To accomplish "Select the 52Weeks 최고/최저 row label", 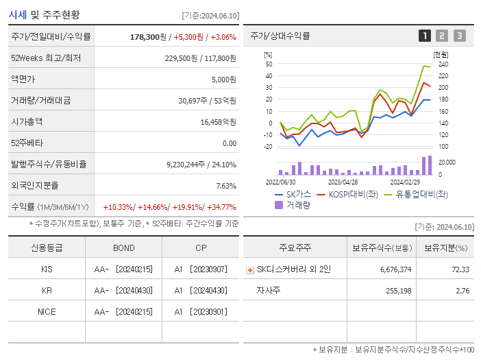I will click(46, 58).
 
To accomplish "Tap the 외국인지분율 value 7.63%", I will click(225, 186).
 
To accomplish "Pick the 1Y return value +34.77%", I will click(221, 207).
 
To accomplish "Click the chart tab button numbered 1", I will click(425, 36).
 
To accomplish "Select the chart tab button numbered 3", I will click(459, 36).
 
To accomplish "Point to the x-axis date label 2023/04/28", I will click(343, 182).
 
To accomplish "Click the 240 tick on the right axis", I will click(443, 64).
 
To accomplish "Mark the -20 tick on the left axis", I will click(268, 146).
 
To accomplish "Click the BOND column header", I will click(123, 248).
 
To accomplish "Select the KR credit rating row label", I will click(47, 291).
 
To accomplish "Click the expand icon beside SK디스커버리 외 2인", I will click(249, 270).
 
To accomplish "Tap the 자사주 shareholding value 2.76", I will click(462, 291).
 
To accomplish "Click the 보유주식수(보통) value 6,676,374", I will click(395, 269).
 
